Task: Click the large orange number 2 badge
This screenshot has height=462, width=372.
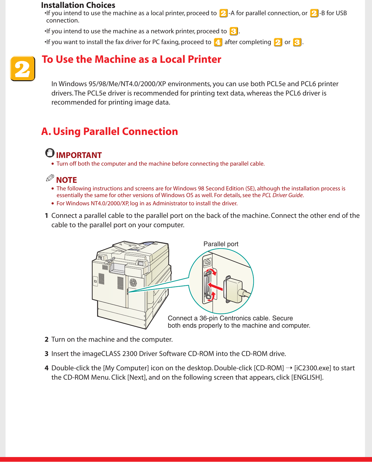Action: pos(22,69)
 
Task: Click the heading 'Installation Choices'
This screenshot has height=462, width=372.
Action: pos(78,5)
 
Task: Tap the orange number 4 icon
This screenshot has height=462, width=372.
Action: pos(218,42)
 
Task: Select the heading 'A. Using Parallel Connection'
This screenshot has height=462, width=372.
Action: pos(109,131)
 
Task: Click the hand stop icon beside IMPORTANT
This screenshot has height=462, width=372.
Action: pos(50,153)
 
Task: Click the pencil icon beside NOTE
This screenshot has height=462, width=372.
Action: pos(50,178)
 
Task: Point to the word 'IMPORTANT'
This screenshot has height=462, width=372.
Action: pos(79,155)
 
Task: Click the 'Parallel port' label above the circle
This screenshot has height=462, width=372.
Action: pos(221,244)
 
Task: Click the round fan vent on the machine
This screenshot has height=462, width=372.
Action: pos(133,282)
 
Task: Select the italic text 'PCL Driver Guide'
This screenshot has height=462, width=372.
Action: pos(282,195)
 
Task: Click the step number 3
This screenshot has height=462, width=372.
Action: pos(46,354)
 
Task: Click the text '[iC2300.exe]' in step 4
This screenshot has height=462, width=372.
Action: pos(312,368)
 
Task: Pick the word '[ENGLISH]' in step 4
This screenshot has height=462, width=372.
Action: pos(307,377)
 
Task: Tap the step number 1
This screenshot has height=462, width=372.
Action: pos(46,216)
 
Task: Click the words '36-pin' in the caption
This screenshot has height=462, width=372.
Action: pos(208,318)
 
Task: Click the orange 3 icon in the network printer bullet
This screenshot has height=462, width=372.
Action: pos(233,31)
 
